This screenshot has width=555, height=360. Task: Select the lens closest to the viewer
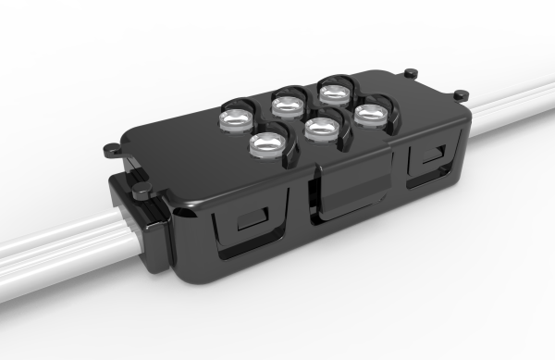coord(267,144)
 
